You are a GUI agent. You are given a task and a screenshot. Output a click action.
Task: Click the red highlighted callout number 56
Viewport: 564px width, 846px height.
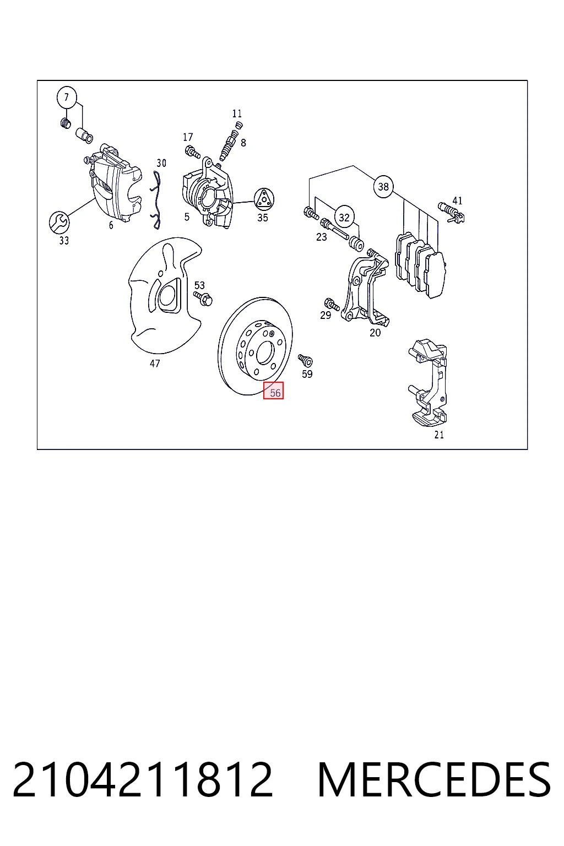tap(274, 390)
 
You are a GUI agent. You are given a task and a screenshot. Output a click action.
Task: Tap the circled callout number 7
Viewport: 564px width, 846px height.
tap(67, 97)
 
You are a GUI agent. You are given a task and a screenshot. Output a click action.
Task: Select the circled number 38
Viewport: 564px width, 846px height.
tap(383, 187)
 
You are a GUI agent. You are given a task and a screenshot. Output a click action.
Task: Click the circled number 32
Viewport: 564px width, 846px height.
tap(344, 217)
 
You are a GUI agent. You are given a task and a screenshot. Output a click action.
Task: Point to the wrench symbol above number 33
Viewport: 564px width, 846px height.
tap(59, 223)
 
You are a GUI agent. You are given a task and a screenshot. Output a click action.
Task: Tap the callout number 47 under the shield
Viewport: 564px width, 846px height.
tap(155, 364)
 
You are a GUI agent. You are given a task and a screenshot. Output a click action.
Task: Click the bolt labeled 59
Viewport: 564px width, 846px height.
tap(305, 360)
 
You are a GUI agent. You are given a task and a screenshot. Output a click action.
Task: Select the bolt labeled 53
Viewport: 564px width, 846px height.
tap(203, 299)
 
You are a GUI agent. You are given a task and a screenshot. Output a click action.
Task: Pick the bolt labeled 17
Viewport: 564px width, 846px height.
tap(193, 153)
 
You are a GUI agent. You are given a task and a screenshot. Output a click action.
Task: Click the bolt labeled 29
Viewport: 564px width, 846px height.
tap(332, 304)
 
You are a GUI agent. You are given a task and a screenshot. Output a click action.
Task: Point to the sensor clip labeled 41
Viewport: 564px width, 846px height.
tap(452, 213)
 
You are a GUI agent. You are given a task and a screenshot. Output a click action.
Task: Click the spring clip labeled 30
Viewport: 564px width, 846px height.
tap(156, 200)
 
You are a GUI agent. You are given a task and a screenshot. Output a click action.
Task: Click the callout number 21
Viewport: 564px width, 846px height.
tap(439, 435)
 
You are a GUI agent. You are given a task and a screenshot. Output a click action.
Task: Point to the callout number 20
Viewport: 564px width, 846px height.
tap(375, 333)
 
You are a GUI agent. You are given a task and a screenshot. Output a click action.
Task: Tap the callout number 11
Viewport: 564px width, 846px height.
tap(237, 113)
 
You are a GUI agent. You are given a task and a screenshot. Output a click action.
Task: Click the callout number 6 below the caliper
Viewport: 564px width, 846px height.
tap(111, 225)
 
